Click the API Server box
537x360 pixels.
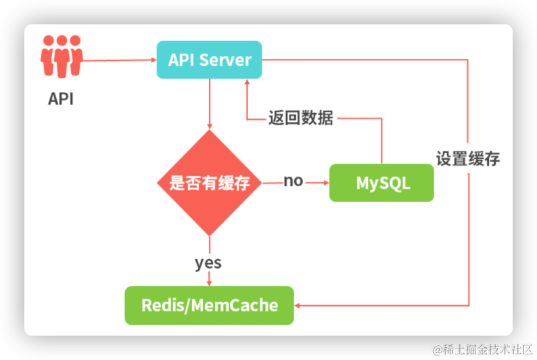pyautogui.click(x=209, y=60)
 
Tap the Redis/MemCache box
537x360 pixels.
pyautogui.click(x=210, y=305)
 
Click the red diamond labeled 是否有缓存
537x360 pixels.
pyautogui.click(x=210, y=183)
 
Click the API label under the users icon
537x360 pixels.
pyautogui.click(x=61, y=99)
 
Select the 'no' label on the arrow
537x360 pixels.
pyautogui.click(x=294, y=181)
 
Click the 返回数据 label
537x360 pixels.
pyautogui.click(x=300, y=118)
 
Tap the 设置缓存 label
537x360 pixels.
pyautogui.click(x=468, y=159)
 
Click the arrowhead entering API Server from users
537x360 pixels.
pyautogui.click(x=153, y=60)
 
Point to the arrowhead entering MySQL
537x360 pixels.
pyautogui.click(x=325, y=183)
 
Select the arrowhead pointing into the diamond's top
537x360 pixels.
pyautogui.click(x=210, y=127)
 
